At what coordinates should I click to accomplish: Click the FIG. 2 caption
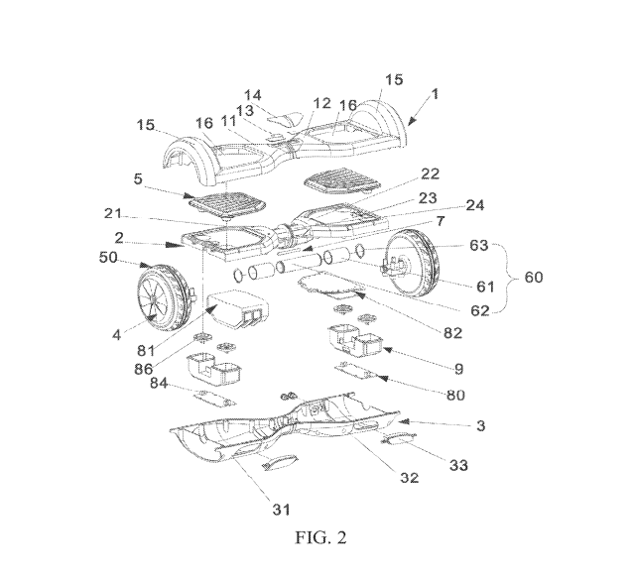coord(320,537)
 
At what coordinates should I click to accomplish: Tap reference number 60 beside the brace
coord(534,278)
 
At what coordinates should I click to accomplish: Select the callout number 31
coord(281,509)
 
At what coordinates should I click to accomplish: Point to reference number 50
coord(108,258)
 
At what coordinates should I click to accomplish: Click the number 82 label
coord(452,333)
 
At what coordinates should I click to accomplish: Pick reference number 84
coord(159,383)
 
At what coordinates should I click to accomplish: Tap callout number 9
coord(458,369)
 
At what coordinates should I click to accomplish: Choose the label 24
coord(474,205)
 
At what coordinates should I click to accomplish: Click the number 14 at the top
coord(252,95)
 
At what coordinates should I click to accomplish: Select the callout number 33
coord(458,465)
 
